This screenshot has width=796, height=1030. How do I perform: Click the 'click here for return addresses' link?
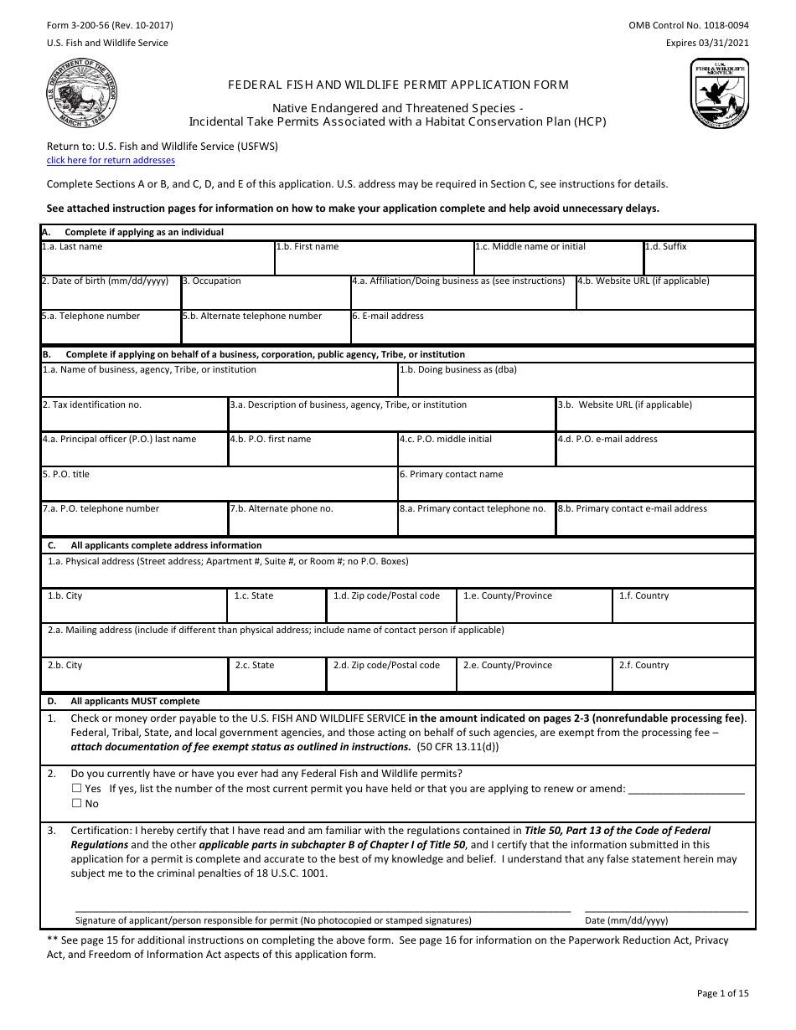click(x=111, y=160)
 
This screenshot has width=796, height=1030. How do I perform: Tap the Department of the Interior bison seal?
click(x=82, y=93)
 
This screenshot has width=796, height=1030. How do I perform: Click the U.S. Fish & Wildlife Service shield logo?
click(x=719, y=92)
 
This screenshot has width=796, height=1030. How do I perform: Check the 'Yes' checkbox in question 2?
click(x=76, y=788)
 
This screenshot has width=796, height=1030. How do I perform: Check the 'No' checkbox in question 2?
click(x=76, y=803)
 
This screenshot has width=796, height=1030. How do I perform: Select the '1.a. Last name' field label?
click(x=72, y=247)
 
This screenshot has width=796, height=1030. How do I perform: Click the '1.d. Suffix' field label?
click(x=666, y=247)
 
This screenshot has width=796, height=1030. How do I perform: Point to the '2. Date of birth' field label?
click(x=106, y=281)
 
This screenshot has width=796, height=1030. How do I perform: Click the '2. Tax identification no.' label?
click(x=92, y=405)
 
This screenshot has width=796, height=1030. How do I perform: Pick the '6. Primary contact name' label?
click(x=451, y=475)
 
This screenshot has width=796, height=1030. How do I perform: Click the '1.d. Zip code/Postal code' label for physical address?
click(x=386, y=596)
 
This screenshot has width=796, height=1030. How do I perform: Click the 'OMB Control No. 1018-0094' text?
click(x=689, y=26)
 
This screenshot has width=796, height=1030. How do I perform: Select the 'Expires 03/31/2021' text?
click(x=707, y=43)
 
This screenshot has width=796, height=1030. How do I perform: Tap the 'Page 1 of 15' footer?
click(x=722, y=993)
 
